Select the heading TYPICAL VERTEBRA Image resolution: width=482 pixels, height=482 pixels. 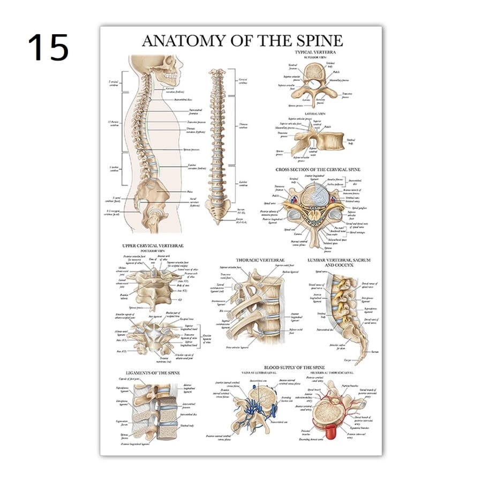click(315, 52)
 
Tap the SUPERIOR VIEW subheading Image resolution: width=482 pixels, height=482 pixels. click(315, 57)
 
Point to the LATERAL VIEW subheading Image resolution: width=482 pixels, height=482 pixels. click(315, 114)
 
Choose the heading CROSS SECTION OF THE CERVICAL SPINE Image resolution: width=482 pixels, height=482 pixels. click(318, 170)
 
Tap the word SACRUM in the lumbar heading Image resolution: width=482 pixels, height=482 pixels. click(359, 260)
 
